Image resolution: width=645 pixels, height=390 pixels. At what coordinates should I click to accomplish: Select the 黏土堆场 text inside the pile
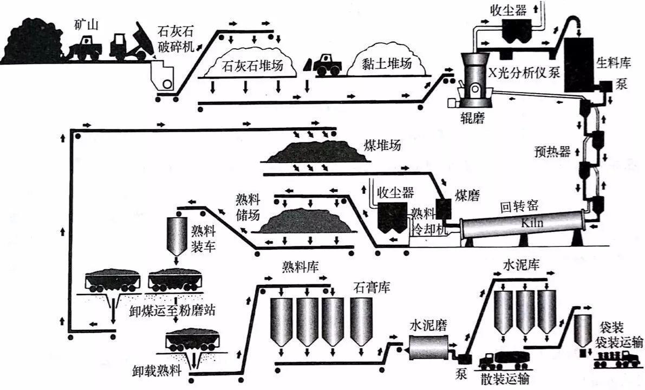(387, 63)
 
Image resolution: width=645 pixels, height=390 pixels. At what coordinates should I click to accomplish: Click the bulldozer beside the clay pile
(325, 64)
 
